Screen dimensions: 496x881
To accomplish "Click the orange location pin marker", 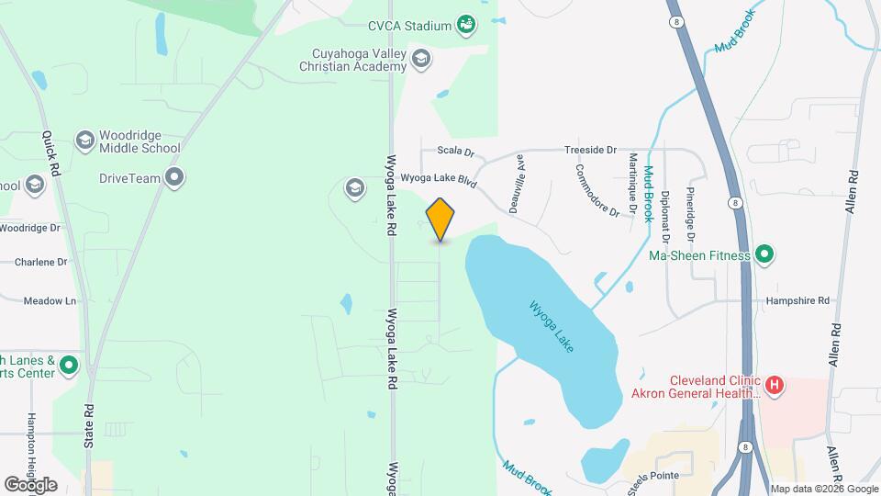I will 440,219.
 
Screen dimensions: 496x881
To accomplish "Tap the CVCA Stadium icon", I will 466,24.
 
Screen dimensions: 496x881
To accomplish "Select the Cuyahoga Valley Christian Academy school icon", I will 421,60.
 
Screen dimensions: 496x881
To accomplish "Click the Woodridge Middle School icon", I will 85,140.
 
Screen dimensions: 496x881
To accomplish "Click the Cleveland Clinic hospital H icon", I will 775,385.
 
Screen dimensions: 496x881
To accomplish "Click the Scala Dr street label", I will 454,151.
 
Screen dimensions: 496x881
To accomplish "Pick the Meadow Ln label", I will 50,300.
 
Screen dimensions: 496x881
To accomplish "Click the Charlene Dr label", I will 41,262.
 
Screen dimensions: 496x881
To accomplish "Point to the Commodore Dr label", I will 597,189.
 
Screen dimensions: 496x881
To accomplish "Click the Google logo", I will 30,484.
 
